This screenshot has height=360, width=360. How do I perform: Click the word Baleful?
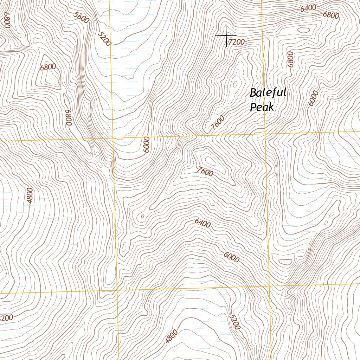268,93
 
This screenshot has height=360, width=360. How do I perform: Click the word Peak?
262,107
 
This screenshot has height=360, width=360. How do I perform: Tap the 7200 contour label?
236,42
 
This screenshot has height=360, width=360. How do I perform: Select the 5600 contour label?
81,18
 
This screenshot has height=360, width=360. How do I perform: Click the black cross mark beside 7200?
226,36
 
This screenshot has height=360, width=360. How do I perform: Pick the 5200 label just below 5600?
104,39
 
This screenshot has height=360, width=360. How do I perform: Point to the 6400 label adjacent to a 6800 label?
308,8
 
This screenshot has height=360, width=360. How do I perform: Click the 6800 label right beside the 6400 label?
331,15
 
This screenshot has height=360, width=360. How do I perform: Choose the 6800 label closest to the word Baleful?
290,59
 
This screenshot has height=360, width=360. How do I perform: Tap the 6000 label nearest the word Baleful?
313,98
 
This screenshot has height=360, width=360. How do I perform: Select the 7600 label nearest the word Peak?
217,123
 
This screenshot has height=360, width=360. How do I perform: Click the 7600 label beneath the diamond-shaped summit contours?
205,172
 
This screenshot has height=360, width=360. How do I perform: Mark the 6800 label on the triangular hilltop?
48,67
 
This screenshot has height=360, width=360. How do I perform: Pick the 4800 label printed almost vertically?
30,195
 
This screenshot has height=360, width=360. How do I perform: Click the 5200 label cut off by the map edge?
6,318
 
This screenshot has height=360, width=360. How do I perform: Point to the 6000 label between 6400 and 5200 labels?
231,257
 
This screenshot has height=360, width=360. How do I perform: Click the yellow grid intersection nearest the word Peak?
265,134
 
